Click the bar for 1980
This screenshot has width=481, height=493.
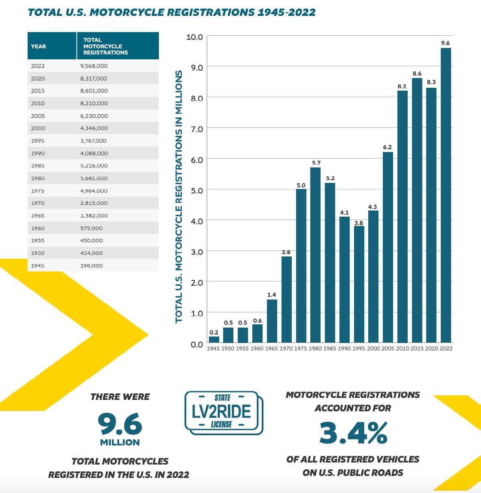tap(315, 255)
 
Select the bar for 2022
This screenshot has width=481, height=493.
tap(446, 195)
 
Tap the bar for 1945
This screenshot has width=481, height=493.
tap(214, 339)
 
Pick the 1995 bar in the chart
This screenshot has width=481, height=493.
tap(359, 284)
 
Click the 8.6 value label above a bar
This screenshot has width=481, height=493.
tap(417, 74)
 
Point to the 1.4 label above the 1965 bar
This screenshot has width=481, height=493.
tap(272, 295)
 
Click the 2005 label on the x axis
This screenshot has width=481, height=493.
tap(388, 349)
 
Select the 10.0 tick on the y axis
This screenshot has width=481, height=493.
tap(195, 37)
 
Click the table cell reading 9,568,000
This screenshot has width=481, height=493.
tap(94, 66)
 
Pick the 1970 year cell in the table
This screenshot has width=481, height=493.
tap(38, 203)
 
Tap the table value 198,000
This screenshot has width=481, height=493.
tap(92, 266)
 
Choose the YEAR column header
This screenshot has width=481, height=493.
tap(39, 46)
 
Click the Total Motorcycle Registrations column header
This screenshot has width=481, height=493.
tap(105, 46)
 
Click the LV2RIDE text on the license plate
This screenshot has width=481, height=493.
tap(221, 411)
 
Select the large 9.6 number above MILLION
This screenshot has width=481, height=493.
tap(120, 424)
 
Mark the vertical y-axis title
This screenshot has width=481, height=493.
tap(179, 197)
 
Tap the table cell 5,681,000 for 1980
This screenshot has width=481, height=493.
tap(94, 178)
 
